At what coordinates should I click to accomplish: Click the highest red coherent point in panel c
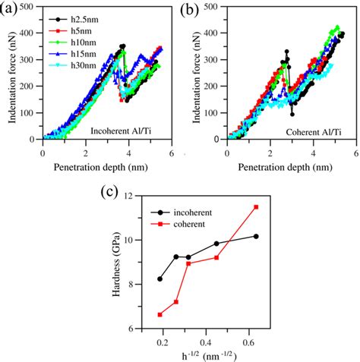256,206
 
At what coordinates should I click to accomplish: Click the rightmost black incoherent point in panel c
256,236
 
